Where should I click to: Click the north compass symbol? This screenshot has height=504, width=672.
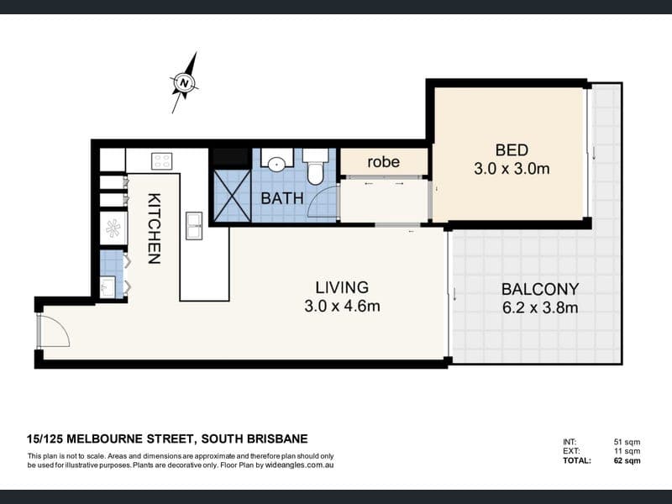click(x=184, y=82)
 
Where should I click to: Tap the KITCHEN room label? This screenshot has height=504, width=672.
click(x=155, y=228)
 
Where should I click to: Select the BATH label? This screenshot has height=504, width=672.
click(x=282, y=198)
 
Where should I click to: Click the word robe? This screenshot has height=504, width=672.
click(x=384, y=161)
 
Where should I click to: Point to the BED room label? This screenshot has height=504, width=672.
click(x=512, y=150)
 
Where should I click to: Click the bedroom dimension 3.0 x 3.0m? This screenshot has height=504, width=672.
click(x=512, y=169)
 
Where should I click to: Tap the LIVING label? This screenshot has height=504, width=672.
click(x=342, y=287)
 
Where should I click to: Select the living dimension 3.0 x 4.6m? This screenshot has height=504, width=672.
click(x=342, y=306)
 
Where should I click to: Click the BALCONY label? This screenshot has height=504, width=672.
click(x=540, y=289)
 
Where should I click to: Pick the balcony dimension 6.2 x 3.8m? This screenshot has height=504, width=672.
click(x=540, y=307)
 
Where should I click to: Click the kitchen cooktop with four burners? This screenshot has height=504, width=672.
click(x=162, y=161)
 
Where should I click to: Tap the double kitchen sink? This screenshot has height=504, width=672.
click(x=194, y=225)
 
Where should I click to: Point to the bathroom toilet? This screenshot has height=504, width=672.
click(x=316, y=166)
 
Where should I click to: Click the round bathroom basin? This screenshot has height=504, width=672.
click(x=277, y=163)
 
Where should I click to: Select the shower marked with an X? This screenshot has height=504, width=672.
click(x=232, y=196)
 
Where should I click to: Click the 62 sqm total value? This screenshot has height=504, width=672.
click(x=627, y=460)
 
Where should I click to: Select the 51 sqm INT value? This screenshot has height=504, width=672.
click(x=627, y=442)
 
